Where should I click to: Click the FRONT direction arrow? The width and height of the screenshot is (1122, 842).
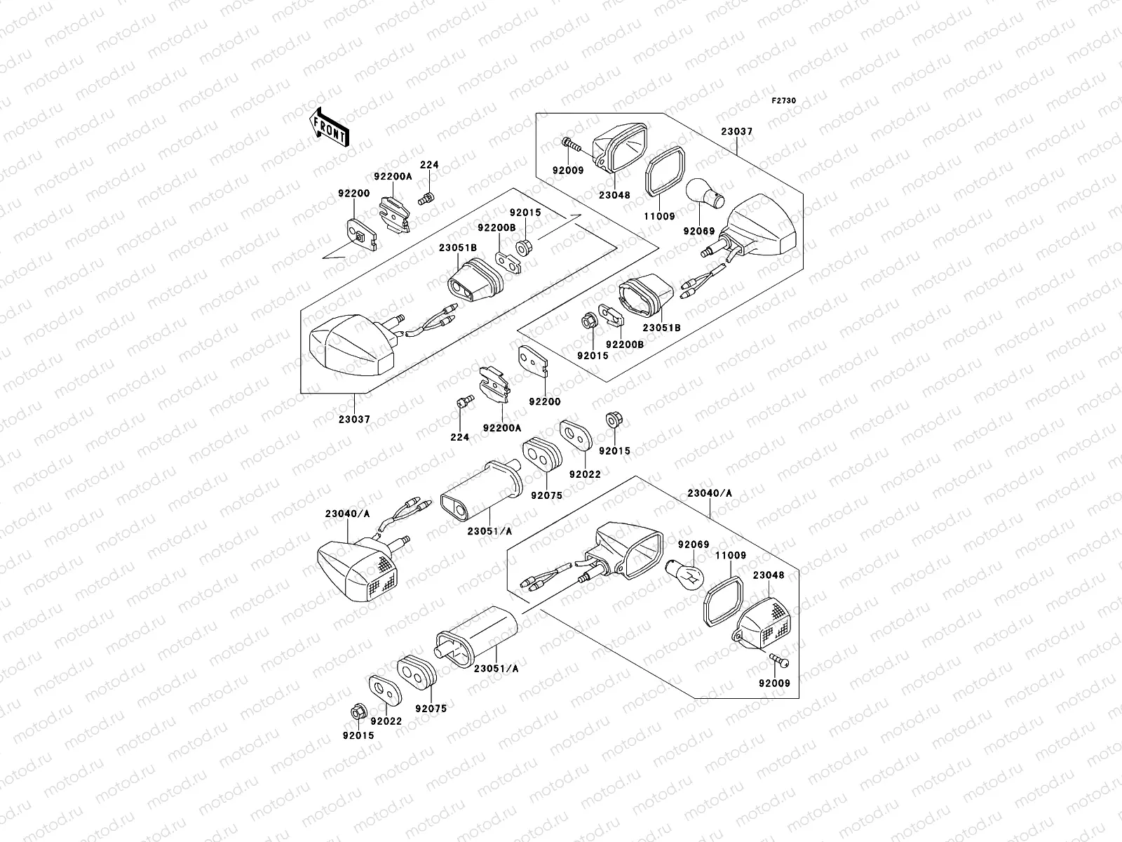point(329,128)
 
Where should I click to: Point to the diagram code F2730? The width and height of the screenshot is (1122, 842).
point(783,101)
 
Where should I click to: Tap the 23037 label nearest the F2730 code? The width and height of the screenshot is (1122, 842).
point(736,131)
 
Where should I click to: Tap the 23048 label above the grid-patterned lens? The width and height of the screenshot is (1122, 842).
point(769,575)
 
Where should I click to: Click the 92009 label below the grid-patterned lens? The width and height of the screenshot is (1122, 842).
point(774,683)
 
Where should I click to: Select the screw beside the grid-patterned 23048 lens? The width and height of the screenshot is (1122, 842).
point(779,660)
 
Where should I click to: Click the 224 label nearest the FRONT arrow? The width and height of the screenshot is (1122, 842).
point(429,165)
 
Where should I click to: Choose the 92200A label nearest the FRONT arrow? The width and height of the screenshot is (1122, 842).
point(393,176)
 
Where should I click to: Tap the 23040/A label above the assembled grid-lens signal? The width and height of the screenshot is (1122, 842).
point(348,514)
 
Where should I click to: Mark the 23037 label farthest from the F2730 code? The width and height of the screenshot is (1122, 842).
point(354,419)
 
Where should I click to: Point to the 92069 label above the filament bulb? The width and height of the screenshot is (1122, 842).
point(694,544)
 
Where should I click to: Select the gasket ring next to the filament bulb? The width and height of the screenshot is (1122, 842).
point(723,601)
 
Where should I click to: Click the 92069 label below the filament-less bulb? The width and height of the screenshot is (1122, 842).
point(699,231)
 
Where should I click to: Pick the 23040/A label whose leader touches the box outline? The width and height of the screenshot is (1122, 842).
point(710,493)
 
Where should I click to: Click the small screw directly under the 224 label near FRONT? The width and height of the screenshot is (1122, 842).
point(426,199)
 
